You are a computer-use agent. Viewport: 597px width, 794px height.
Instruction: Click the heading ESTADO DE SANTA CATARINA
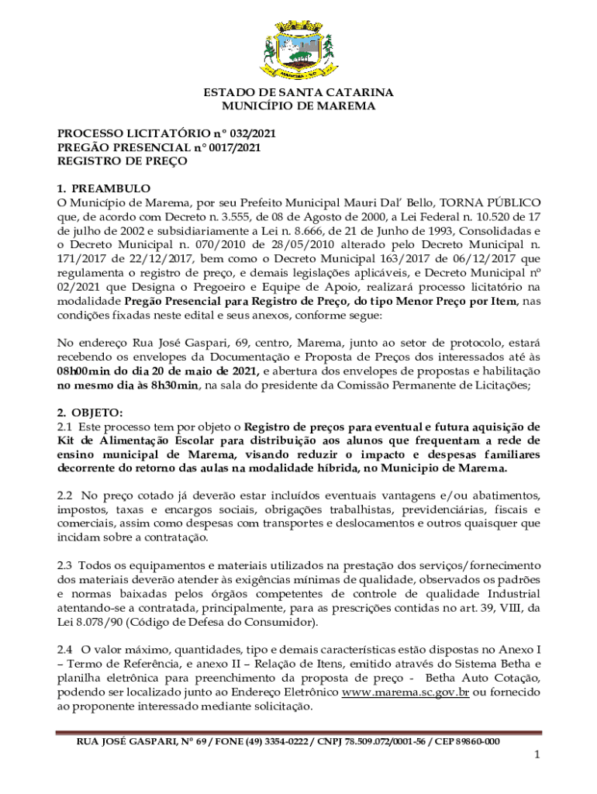[298, 92]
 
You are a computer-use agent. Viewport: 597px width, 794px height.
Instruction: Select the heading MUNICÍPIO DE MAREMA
[298, 105]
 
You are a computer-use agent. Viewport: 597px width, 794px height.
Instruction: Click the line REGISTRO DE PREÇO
[122, 161]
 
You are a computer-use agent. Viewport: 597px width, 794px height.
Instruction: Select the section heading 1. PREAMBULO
[104, 188]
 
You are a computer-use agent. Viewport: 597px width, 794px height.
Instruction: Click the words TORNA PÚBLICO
[491, 202]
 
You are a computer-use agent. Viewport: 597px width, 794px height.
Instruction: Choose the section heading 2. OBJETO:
[90, 413]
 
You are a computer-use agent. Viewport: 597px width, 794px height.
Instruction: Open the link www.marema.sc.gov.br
[405, 692]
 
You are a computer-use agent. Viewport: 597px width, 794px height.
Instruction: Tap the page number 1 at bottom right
[536, 755]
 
